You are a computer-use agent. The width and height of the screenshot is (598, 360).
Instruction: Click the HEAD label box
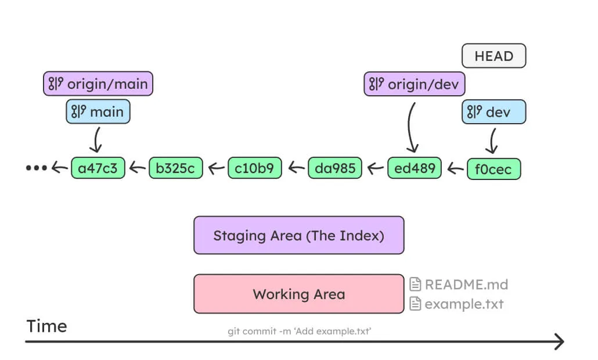(x=493, y=56)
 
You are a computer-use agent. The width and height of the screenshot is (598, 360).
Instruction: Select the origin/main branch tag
(x=98, y=84)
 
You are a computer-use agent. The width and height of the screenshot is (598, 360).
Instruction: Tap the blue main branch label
(x=98, y=111)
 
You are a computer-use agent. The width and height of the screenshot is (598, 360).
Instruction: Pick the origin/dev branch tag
(x=415, y=84)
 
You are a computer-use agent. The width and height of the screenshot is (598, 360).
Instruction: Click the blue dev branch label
(x=493, y=111)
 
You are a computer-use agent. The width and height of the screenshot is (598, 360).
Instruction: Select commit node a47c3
(x=98, y=168)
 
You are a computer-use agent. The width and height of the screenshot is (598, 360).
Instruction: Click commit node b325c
(x=176, y=168)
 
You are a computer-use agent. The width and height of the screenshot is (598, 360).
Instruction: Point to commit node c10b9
(x=255, y=168)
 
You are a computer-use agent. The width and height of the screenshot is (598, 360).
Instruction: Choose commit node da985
(x=334, y=168)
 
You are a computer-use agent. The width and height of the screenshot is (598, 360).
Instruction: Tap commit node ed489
(x=415, y=168)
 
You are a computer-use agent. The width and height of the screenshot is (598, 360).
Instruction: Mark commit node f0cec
(x=493, y=169)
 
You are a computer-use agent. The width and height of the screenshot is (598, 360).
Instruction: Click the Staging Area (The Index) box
(x=298, y=235)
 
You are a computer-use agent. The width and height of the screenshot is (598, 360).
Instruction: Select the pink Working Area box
(x=298, y=294)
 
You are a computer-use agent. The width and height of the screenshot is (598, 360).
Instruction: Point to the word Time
(x=46, y=326)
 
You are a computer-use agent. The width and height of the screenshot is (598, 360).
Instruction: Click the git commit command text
(x=299, y=331)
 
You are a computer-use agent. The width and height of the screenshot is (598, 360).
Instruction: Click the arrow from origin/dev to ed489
(x=411, y=128)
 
